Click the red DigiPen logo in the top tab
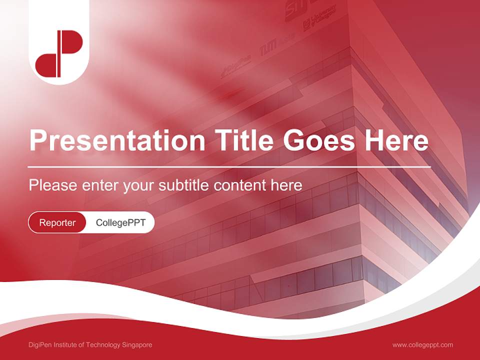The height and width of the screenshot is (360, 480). (x=59, y=53)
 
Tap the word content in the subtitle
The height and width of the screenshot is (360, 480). (x=240, y=185)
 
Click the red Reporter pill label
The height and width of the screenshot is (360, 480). (x=57, y=223)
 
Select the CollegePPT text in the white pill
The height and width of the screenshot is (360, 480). (x=120, y=223)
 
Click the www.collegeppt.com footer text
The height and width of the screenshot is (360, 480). (x=422, y=345)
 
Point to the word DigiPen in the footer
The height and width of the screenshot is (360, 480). (x=41, y=345)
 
